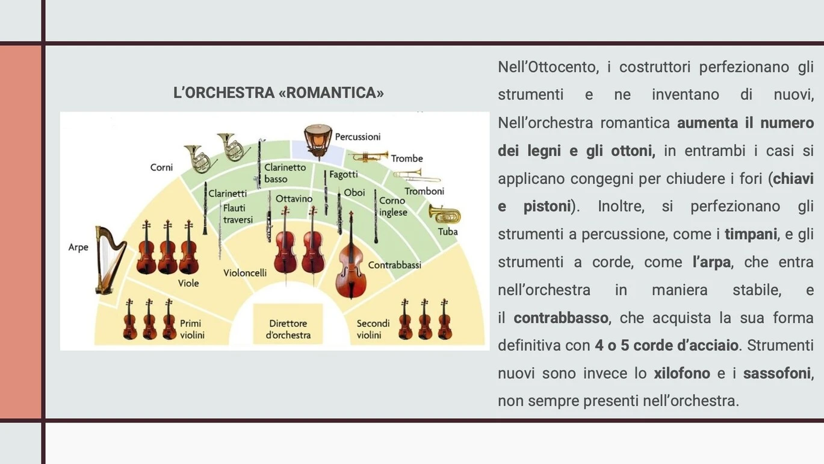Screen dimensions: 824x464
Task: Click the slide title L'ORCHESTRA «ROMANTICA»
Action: (x=279, y=93)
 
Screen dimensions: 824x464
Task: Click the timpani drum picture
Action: (x=318, y=142)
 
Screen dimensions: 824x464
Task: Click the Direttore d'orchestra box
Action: (x=288, y=324)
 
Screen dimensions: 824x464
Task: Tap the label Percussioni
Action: (x=358, y=137)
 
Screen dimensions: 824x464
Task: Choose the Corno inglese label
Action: (x=393, y=207)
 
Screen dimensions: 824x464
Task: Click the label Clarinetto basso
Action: (x=285, y=173)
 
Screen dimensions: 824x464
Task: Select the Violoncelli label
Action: (x=245, y=273)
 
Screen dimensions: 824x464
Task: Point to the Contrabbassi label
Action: (x=394, y=265)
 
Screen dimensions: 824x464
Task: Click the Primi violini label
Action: (x=191, y=329)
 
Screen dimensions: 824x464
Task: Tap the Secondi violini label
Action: (x=373, y=329)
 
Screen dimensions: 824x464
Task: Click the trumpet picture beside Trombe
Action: (x=368, y=156)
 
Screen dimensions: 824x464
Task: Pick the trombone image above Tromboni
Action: (x=417, y=176)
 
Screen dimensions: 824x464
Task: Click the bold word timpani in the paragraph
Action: (x=751, y=234)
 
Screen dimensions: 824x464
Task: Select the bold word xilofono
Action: (x=681, y=374)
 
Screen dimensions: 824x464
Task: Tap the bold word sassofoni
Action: (x=777, y=374)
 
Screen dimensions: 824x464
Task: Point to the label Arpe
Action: (x=78, y=248)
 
